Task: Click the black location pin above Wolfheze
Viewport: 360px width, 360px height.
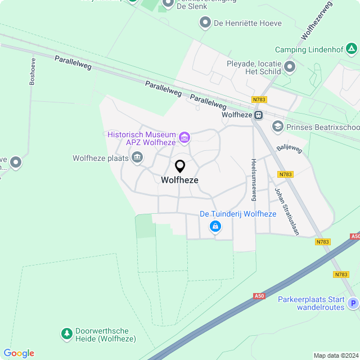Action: (x=180, y=166)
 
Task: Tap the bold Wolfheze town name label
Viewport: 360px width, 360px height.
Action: (x=179, y=180)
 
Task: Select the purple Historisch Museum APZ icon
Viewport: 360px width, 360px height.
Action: (x=184, y=137)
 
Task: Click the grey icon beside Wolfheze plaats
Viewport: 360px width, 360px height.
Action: (x=137, y=159)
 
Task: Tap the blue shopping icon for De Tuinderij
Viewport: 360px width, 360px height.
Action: (x=215, y=226)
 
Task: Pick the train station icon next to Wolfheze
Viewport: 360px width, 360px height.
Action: (x=258, y=115)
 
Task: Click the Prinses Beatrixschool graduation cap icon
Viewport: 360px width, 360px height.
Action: (x=277, y=127)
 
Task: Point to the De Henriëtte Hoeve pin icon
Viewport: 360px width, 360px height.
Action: (x=205, y=23)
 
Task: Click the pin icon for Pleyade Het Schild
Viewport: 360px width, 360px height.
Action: (x=290, y=67)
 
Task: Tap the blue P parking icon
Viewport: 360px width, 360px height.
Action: (x=353, y=304)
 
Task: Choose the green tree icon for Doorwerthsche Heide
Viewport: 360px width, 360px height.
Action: (x=66, y=335)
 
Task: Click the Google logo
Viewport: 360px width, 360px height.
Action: (x=19, y=353)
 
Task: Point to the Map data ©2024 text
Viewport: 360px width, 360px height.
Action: (x=335, y=355)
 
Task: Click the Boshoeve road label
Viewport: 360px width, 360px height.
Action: (x=33, y=71)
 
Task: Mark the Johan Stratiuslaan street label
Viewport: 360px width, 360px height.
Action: (x=286, y=211)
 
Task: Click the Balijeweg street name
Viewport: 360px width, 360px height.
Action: (x=290, y=149)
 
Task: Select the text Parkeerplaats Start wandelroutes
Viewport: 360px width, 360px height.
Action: (x=311, y=303)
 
